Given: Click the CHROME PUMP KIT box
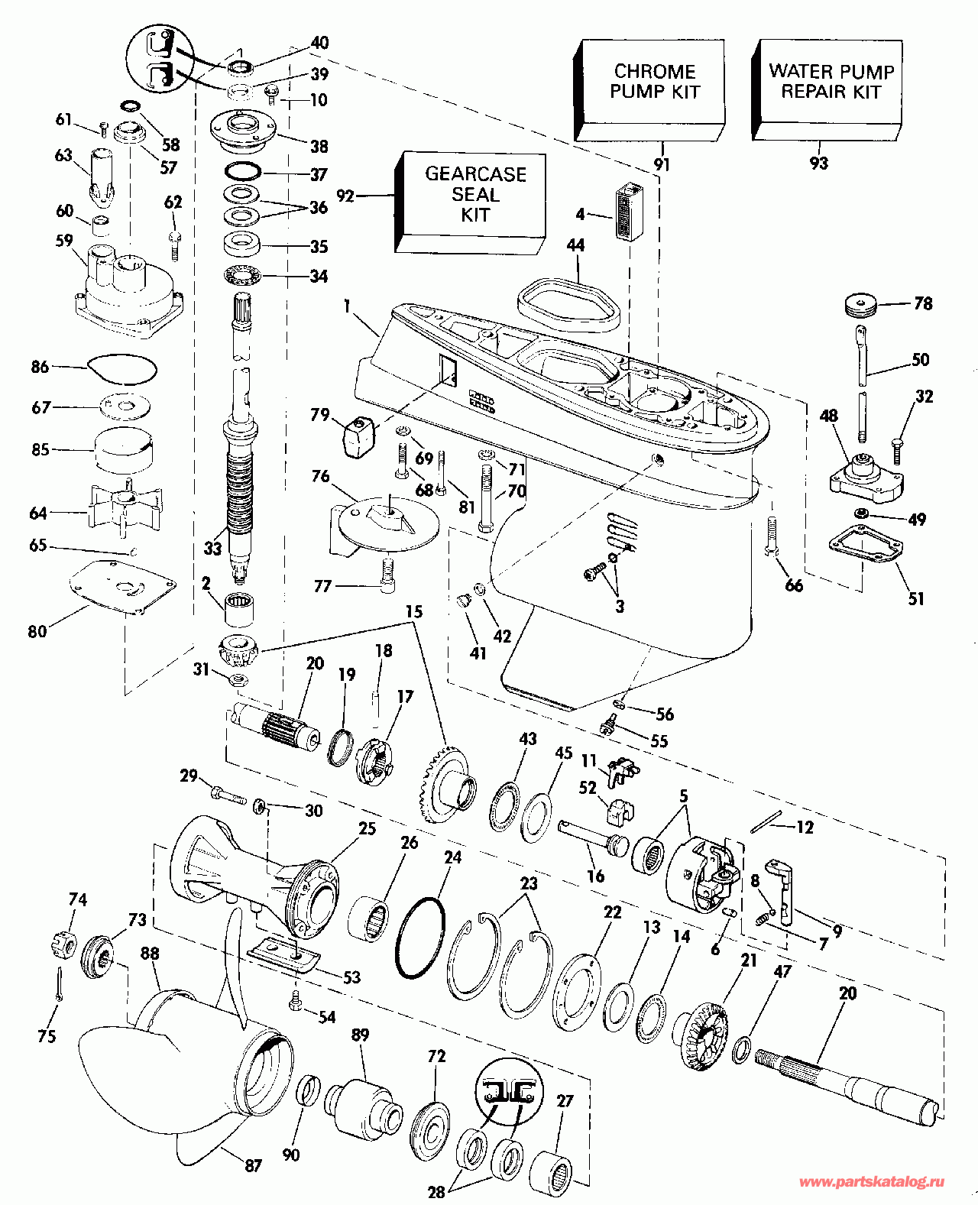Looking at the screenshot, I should (649, 90).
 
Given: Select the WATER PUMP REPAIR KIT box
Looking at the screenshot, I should (828, 90).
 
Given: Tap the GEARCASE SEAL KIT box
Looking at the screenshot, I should (471, 202).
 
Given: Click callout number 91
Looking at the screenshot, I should (662, 164).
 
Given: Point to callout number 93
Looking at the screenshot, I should (818, 163).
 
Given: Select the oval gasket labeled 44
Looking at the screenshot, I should (568, 305).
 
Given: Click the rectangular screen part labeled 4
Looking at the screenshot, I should (630, 212).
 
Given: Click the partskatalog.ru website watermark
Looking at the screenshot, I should (871, 1181).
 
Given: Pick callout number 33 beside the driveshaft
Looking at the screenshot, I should (212, 548).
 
